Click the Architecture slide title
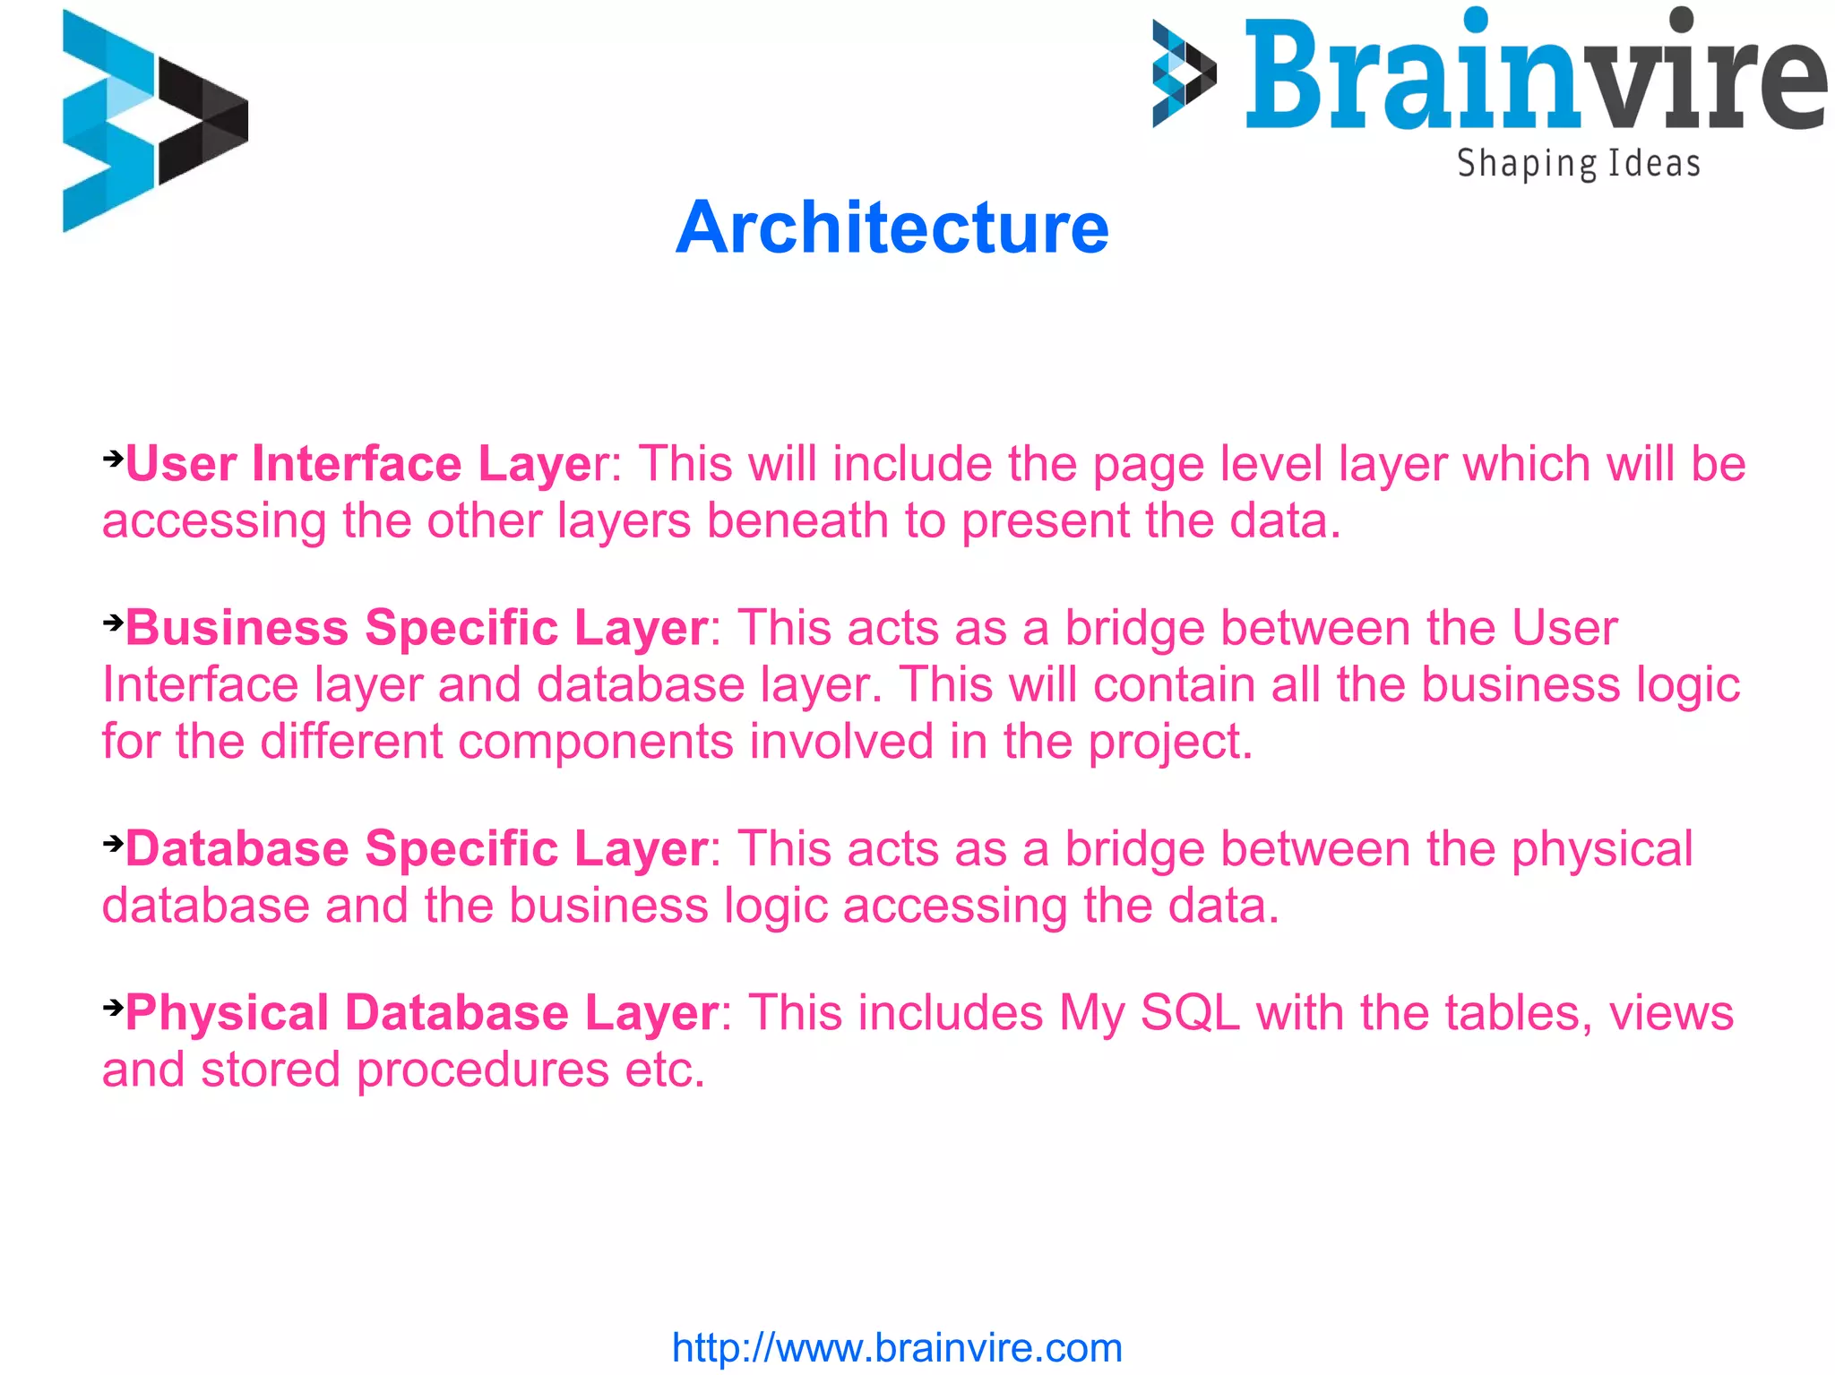(x=892, y=228)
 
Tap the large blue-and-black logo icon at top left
(x=154, y=121)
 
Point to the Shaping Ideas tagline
(x=1578, y=164)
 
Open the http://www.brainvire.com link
(x=897, y=1347)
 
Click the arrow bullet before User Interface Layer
(x=113, y=459)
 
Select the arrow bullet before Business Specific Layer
(x=113, y=622)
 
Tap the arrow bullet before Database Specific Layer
(x=113, y=843)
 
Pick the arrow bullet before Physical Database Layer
(x=113, y=1007)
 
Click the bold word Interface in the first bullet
(x=357, y=464)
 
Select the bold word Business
(x=237, y=627)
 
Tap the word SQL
(x=1190, y=1013)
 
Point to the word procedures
(x=483, y=1070)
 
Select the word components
(x=596, y=742)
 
